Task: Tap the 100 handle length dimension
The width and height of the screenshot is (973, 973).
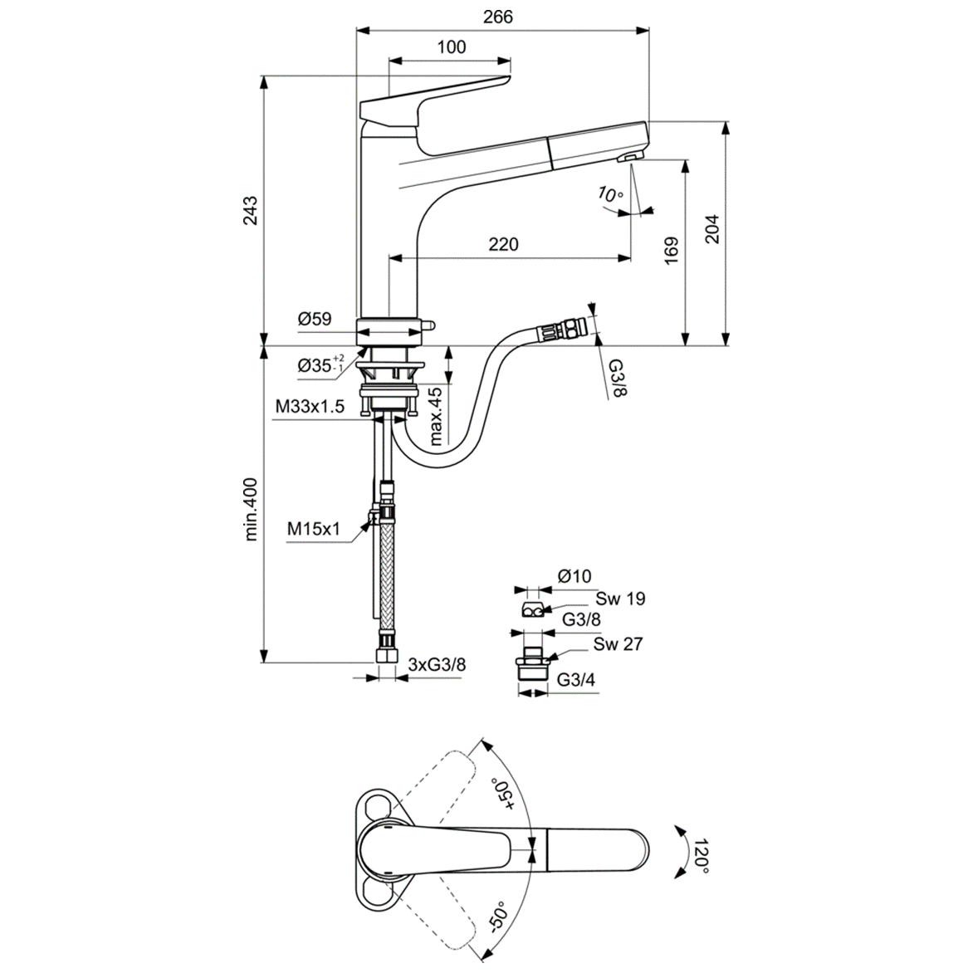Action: point(451,47)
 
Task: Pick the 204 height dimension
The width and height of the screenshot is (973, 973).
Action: point(712,229)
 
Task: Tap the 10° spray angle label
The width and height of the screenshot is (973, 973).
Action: point(609,196)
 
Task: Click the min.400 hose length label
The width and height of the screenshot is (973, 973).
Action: point(251,509)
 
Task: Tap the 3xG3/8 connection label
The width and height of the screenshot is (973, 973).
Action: point(438,664)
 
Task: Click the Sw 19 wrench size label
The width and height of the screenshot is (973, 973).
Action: point(619,598)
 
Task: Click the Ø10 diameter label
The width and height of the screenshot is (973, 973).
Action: point(574,575)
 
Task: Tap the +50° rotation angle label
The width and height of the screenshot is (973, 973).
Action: point(504,794)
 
